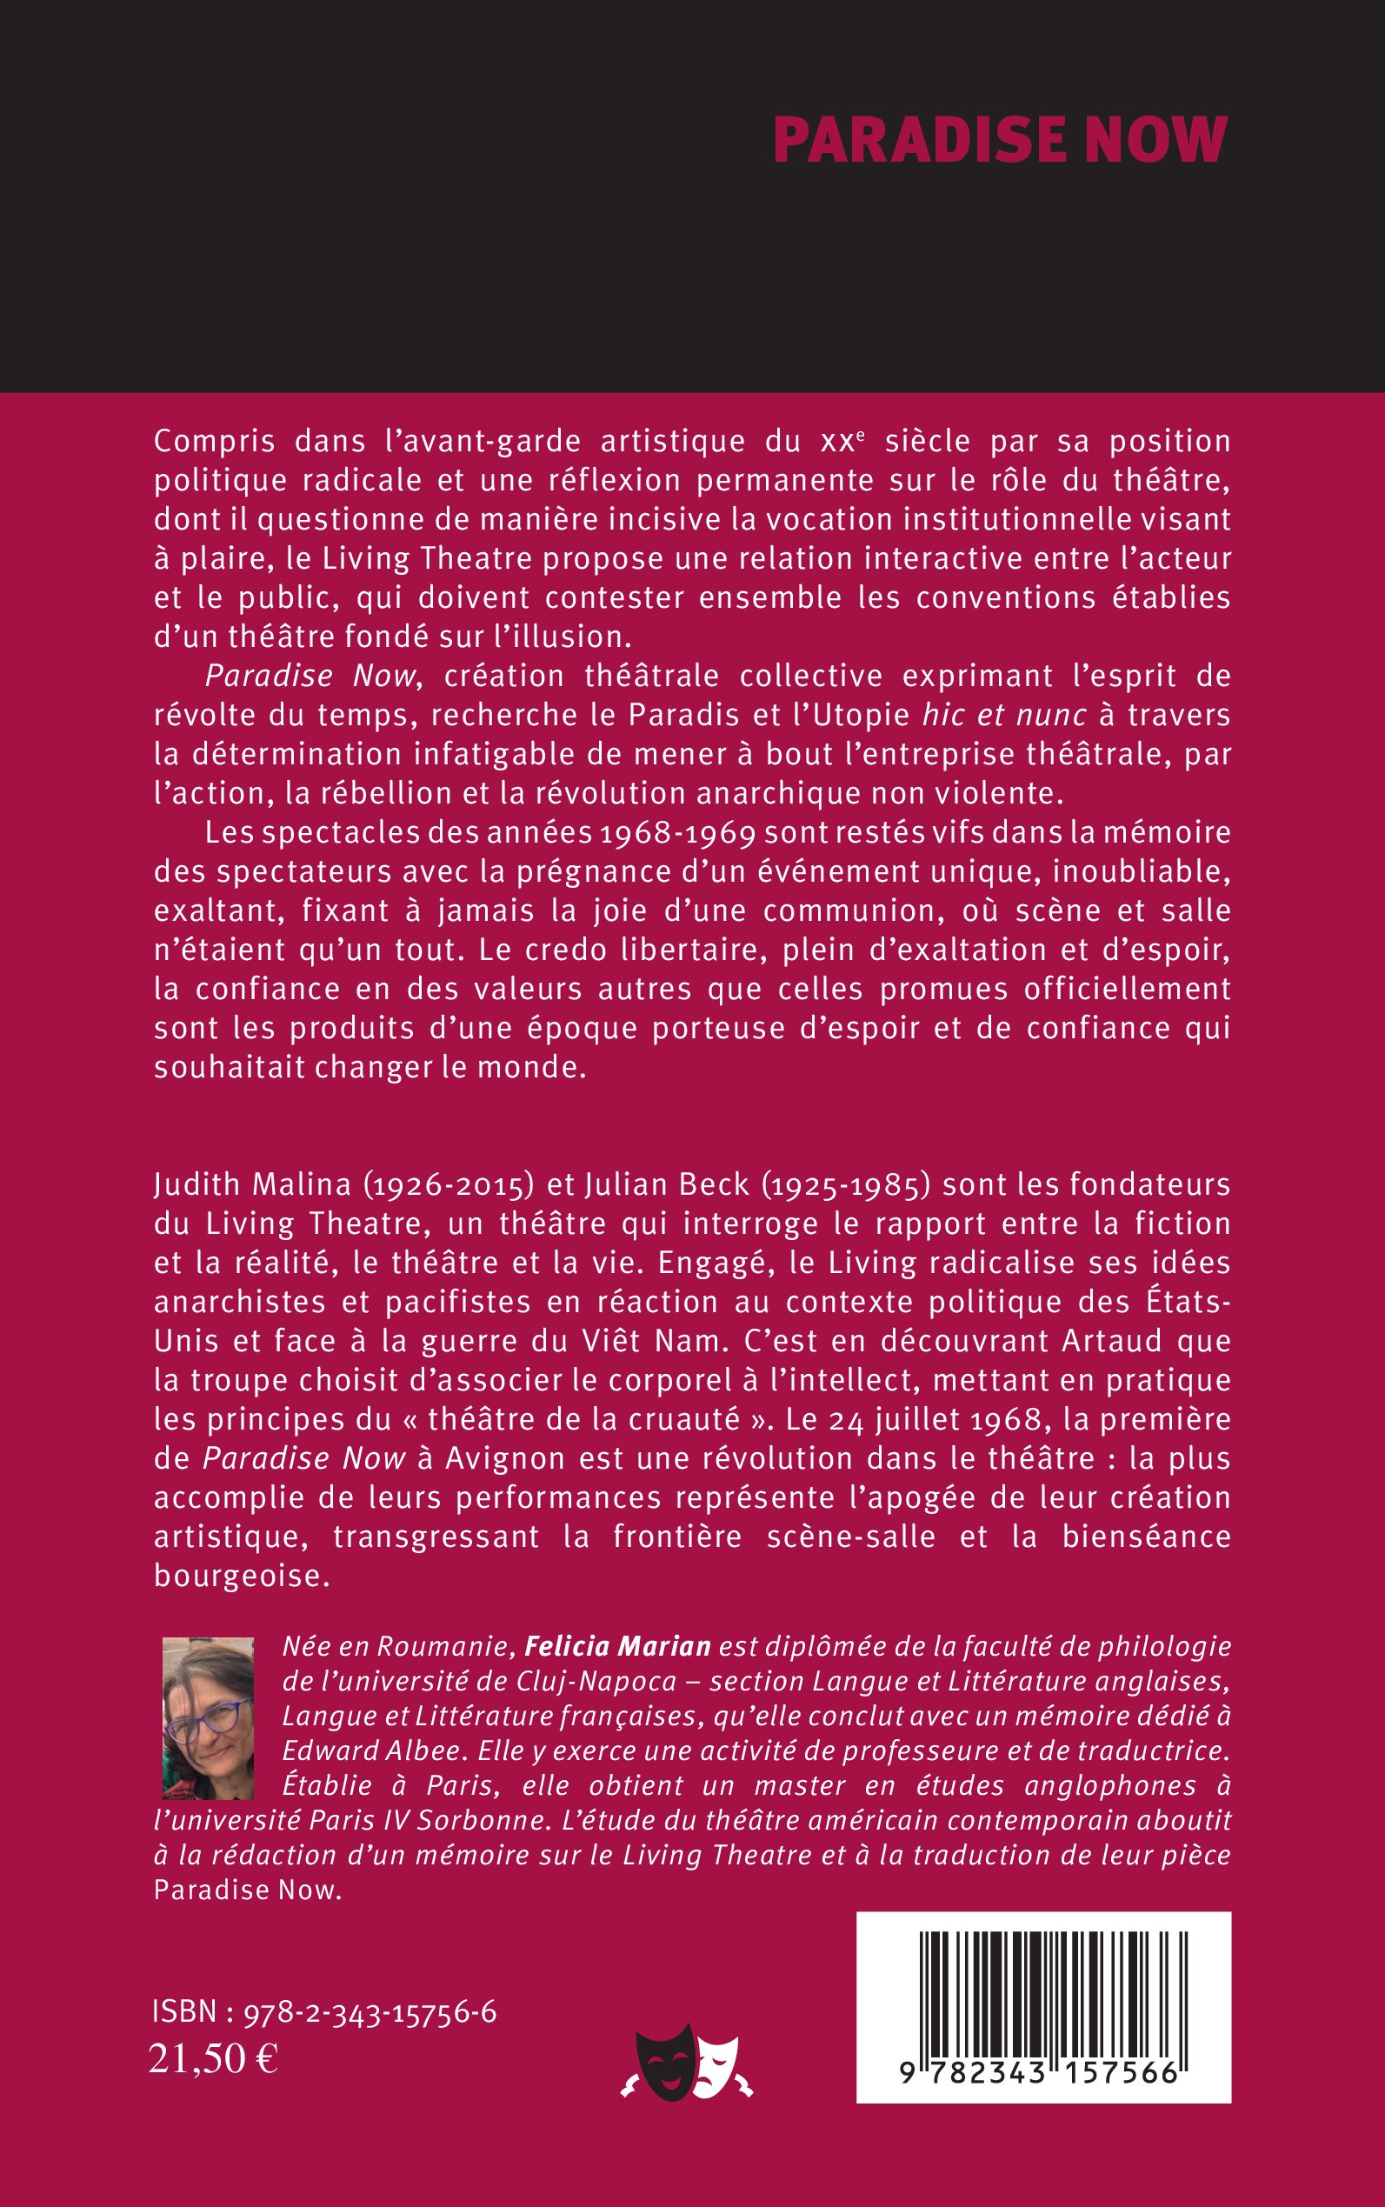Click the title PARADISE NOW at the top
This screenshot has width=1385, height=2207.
[999, 140]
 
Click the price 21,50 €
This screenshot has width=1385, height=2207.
[213, 2058]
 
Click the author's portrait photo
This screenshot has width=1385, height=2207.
[208, 1718]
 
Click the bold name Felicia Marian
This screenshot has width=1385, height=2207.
[617, 1646]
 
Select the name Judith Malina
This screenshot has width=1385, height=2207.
[253, 1184]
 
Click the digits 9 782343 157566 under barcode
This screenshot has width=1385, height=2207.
[1039, 2073]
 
